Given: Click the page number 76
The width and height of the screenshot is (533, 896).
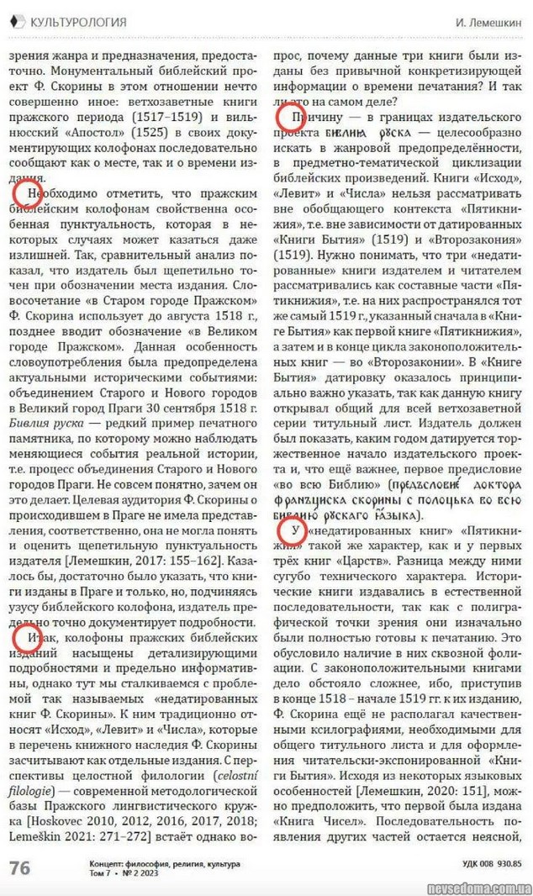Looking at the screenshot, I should coord(19,867).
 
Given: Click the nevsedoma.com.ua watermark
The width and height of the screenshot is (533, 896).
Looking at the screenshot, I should coord(475,883).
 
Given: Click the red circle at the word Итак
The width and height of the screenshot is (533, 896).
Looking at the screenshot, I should coord(26,638).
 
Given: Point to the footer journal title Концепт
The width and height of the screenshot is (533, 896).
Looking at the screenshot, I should coord(108,863).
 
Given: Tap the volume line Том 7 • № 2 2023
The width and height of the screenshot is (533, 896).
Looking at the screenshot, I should coord(127,873).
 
